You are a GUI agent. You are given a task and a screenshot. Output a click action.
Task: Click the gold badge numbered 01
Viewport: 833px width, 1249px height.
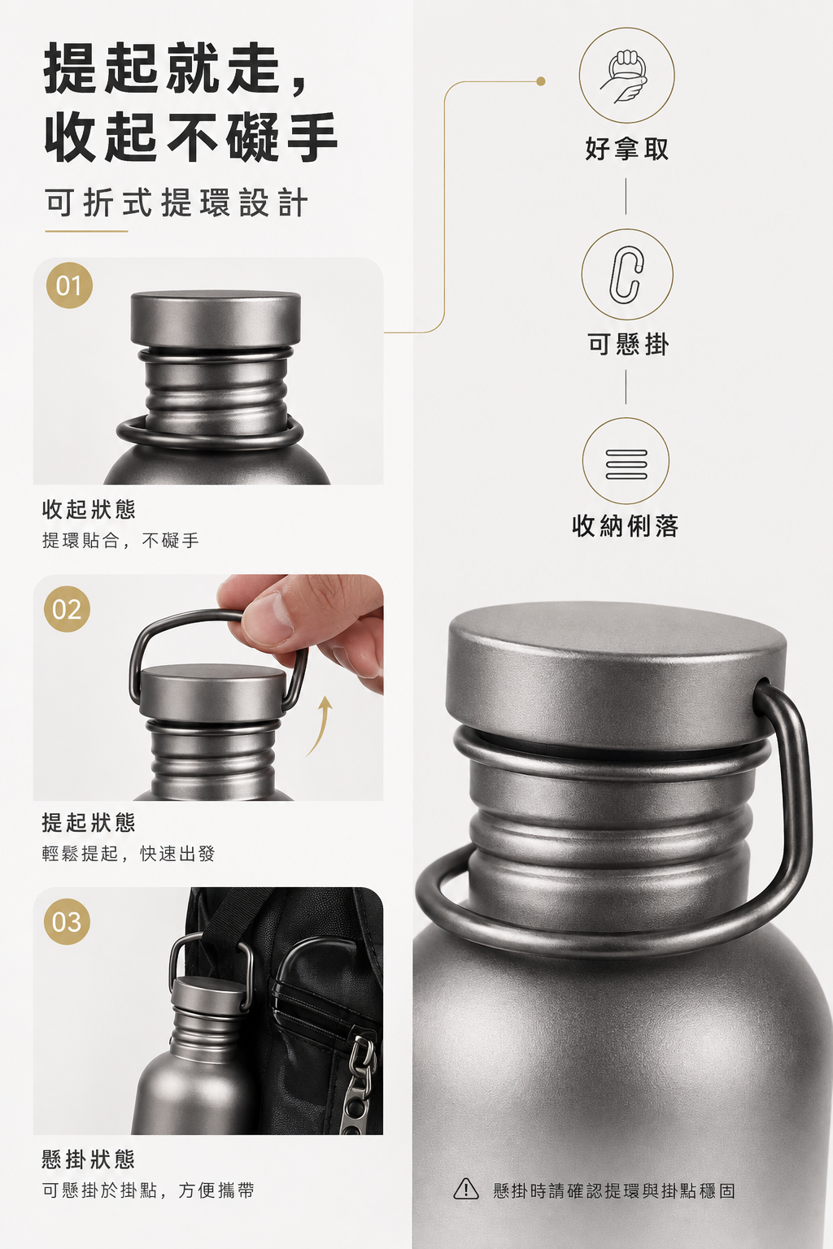point(69,285)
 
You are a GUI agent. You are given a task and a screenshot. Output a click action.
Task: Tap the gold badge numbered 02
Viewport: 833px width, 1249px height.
point(67,609)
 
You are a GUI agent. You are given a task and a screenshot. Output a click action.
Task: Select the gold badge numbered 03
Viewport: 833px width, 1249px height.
point(67,921)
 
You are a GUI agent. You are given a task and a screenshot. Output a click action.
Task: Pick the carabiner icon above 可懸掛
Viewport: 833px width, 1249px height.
point(626,274)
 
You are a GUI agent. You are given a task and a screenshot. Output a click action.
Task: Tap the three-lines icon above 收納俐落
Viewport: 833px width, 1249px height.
point(626,463)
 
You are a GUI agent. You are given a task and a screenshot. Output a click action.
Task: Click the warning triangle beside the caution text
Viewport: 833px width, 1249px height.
point(466,1190)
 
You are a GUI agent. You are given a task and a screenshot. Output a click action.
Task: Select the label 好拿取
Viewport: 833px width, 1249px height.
point(626,149)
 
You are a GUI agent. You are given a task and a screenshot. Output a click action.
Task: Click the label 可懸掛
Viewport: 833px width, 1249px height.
point(627,343)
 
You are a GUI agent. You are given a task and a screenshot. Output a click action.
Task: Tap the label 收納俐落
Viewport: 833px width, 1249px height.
point(625,525)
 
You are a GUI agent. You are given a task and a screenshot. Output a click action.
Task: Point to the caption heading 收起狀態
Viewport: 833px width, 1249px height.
point(89,509)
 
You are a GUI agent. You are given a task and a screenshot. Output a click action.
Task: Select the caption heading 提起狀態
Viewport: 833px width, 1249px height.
point(89,822)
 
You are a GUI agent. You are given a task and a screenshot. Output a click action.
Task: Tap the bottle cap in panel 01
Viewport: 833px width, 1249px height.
point(216,319)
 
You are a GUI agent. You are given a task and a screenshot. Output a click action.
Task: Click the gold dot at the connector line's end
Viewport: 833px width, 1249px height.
point(541,81)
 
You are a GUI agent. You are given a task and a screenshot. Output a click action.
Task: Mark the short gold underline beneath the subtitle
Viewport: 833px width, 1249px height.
point(86,231)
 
